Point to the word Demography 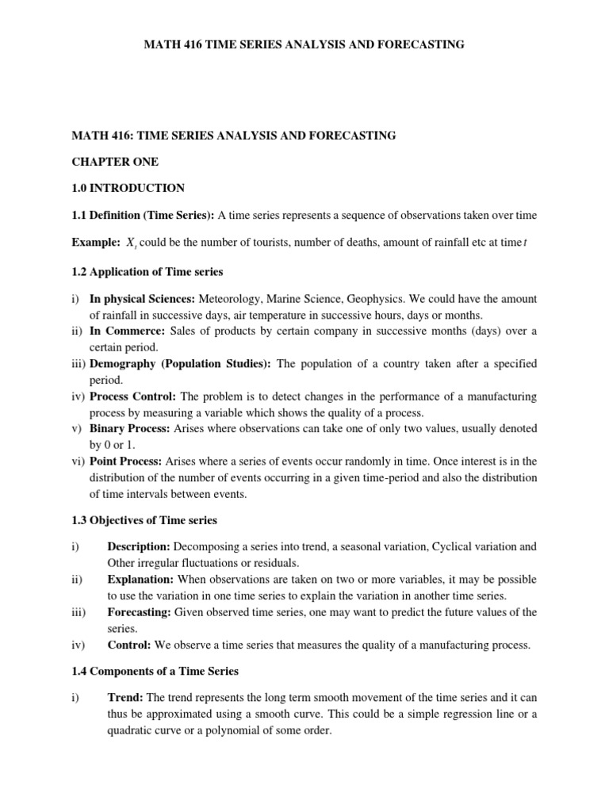point(124,363)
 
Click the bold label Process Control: point(134,396)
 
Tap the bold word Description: point(139,547)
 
